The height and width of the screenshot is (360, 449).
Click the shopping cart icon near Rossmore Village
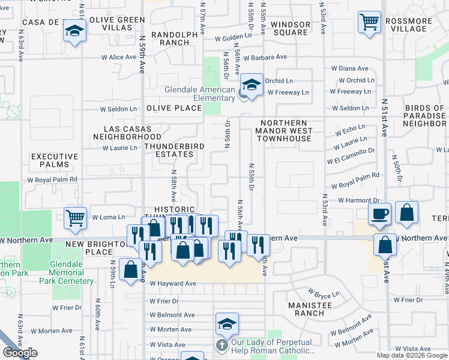[x=369, y=22]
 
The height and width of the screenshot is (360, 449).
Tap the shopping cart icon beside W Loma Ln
[x=75, y=217]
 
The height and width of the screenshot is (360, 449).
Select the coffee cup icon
[x=379, y=214]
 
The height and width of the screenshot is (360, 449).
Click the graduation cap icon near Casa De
[x=74, y=31]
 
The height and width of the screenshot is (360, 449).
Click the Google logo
[x=20, y=353]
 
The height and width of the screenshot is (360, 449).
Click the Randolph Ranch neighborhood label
[x=174, y=39]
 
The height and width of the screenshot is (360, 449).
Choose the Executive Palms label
[x=55, y=160]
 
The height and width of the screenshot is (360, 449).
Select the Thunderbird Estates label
[x=174, y=150]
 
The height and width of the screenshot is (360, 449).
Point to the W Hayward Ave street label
[x=173, y=283]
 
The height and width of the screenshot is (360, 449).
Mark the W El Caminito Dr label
[x=351, y=156]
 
